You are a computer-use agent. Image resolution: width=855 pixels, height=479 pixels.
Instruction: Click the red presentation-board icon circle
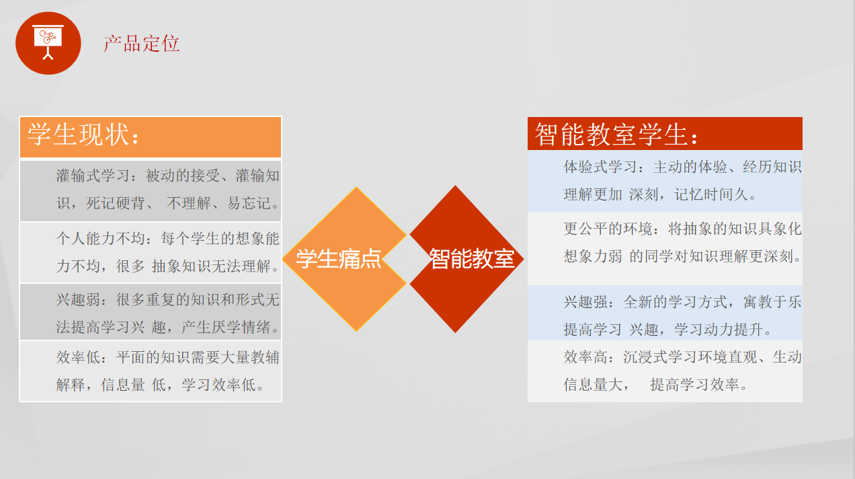[x=48, y=43]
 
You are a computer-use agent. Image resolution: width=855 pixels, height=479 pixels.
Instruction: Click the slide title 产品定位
[x=141, y=44]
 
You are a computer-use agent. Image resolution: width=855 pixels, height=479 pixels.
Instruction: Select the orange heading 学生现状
[x=78, y=135]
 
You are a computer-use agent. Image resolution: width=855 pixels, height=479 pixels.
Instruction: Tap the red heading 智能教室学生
[x=611, y=135]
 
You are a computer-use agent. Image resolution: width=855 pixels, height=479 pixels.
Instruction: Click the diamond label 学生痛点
[x=339, y=258]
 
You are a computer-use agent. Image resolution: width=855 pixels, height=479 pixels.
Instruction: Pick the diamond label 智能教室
[x=472, y=258]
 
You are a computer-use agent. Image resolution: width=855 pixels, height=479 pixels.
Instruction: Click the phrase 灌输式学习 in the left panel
[x=93, y=176]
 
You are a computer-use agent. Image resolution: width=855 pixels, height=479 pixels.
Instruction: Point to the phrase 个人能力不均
[x=101, y=238]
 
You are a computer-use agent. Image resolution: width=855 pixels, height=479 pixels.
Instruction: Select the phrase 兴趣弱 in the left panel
[x=78, y=300]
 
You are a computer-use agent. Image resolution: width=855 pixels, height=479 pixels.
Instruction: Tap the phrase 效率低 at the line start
[x=78, y=357]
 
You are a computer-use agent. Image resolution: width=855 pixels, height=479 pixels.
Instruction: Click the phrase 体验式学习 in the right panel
[x=601, y=167]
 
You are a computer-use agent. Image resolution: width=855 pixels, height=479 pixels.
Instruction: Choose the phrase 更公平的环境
[x=608, y=229]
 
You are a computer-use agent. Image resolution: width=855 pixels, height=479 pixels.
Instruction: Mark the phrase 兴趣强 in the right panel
[x=586, y=302]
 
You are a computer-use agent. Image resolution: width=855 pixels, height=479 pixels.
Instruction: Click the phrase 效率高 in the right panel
[x=586, y=357]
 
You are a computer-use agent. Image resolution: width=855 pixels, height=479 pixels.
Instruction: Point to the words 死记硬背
[x=115, y=203]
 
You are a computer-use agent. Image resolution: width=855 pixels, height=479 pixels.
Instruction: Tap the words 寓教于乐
[x=772, y=302]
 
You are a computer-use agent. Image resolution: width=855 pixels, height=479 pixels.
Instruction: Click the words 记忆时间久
[x=711, y=195]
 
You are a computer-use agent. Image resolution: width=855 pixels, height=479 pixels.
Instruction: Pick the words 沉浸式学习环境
[x=676, y=357]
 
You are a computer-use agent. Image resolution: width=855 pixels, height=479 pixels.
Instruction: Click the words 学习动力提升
[x=719, y=330]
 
